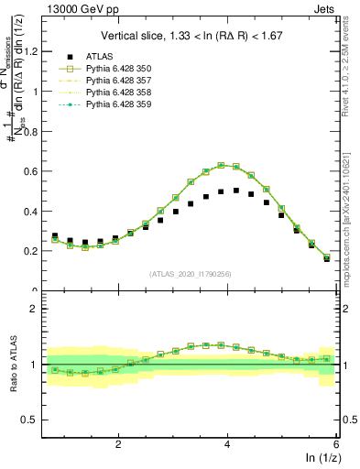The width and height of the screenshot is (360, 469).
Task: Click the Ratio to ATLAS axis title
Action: [12, 364]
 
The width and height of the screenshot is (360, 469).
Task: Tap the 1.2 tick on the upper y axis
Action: [36, 51]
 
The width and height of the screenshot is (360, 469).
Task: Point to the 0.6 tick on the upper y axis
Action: [36, 171]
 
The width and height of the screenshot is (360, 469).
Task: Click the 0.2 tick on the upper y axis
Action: [36, 251]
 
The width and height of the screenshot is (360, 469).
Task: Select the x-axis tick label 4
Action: [227, 442]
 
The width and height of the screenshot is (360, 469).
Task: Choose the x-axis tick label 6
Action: [336, 442]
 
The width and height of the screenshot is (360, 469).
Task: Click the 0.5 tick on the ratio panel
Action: [36, 420]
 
